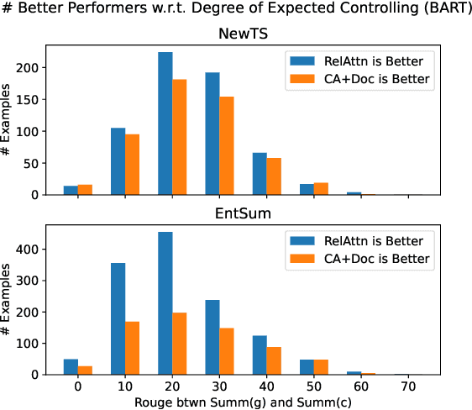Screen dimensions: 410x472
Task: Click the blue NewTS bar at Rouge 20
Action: click(165, 124)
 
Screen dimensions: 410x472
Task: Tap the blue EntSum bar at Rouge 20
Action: click(165, 303)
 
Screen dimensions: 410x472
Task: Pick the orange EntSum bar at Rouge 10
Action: click(133, 348)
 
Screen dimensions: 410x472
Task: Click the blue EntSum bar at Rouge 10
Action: click(118, 319)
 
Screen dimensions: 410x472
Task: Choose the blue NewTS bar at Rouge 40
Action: click(260, 174)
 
